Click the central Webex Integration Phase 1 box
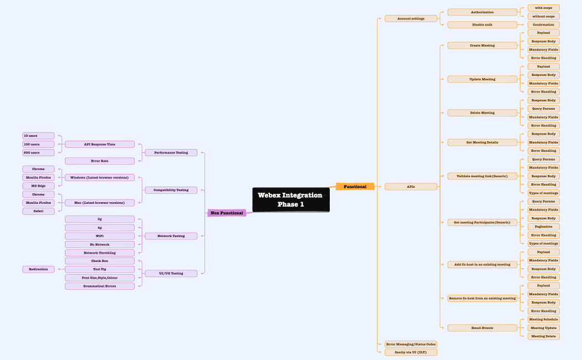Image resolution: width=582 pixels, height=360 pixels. [290, 200]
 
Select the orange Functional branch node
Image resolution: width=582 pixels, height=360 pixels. [355, 187]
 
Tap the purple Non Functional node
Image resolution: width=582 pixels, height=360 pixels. [227, 213]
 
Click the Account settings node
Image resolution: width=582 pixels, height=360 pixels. [411, 18]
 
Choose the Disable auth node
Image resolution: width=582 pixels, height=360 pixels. [482, 24]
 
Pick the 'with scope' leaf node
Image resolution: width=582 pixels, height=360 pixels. [543, 8]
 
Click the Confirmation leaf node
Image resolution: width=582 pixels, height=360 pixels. [543, 24]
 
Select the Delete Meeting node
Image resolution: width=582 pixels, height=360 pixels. [482, 112]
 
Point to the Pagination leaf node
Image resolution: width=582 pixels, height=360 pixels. [543, 227]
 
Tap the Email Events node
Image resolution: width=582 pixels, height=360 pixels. [482, 328]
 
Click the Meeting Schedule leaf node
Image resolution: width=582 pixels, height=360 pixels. [543, 320]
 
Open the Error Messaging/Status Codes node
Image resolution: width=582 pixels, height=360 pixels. [411, 344]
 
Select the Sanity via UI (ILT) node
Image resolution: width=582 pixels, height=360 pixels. [411, 352]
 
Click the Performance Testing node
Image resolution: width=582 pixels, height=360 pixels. [171, 152]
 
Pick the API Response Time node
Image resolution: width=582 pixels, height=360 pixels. [100, 144]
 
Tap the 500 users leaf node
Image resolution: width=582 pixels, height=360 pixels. [38, 152]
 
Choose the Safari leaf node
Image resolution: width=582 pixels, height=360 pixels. [38, 211]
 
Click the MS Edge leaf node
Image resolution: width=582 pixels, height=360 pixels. [38, 186]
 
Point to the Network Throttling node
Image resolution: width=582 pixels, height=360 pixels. [100, 253]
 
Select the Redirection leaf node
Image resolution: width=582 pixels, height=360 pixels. [38, 269]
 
